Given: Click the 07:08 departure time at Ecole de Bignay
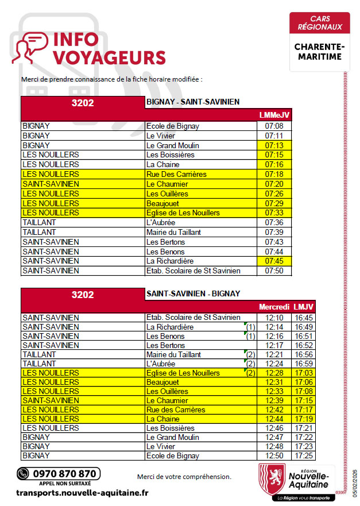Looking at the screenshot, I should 274,126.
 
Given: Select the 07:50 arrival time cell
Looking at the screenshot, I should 274,271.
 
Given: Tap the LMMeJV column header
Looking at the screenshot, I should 274,115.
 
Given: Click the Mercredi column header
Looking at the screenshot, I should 274,307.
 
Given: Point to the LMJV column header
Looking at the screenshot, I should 304,307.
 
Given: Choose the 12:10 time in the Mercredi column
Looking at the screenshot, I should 274,318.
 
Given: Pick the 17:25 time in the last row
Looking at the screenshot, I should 304,455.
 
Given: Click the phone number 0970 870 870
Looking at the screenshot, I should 64,474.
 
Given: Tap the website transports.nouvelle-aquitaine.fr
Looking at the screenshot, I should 83,493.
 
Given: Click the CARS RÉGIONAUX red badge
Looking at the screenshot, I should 319,24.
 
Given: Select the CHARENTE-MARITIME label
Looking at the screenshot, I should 319,52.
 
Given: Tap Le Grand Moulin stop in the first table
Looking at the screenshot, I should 172,145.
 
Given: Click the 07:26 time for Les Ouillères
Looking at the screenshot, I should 274,194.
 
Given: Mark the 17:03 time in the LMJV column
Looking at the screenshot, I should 304,373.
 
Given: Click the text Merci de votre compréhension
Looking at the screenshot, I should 184,477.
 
